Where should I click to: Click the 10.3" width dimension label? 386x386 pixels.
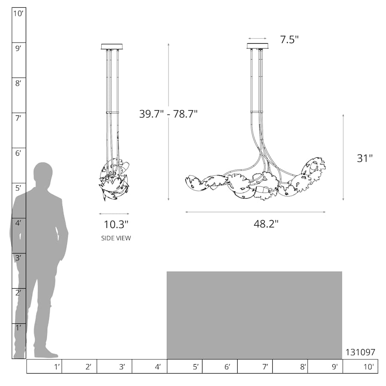tap(116, 224)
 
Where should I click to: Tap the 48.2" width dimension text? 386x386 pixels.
tap(266, 224)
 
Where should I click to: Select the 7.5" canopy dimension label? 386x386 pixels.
tap(289, 39)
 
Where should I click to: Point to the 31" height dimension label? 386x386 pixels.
tap(365, 158)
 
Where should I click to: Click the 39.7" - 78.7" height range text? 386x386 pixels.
tap(169, 114)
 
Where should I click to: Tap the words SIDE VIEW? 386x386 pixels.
tap(116, 238)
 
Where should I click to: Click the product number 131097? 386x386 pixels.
tap(360, 352)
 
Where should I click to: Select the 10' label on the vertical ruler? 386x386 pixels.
tap(18, 14)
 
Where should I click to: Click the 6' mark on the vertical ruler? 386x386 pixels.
tap(18, 153)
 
